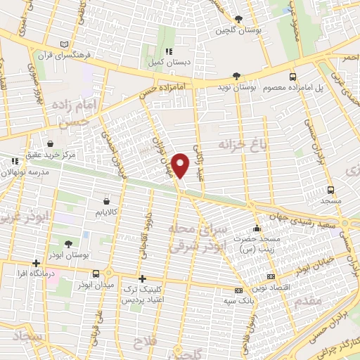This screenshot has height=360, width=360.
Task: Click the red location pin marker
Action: (181, 165)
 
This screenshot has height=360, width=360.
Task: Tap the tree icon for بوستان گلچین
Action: (240, 19)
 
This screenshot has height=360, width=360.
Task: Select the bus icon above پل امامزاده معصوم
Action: (293, 77)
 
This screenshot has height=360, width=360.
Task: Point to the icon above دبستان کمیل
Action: (168, 52)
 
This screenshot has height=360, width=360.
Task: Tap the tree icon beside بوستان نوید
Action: (237, 77)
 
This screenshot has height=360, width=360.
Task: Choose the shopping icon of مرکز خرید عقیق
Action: (50, 142)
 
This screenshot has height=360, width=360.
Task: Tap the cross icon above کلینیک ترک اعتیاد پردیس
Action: (143, 278)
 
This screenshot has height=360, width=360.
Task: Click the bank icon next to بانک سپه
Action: (238, 290)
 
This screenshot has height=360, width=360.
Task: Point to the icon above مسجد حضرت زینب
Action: (257, 229)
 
